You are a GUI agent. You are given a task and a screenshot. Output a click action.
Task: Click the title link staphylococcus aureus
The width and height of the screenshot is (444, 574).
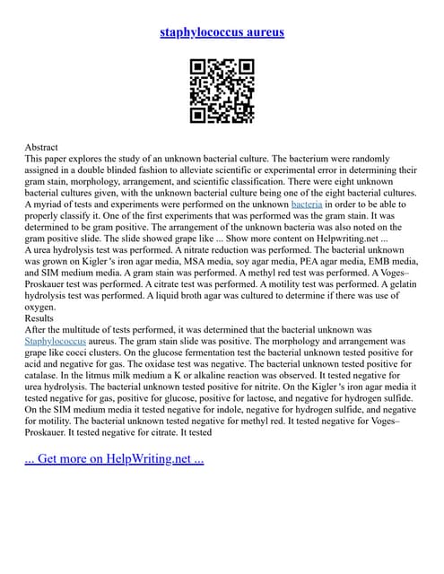click(222, 32)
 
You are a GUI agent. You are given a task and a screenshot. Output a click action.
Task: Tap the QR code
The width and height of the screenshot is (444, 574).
click(222, 91)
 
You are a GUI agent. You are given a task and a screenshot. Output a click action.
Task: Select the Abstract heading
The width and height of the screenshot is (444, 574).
click(42, 146)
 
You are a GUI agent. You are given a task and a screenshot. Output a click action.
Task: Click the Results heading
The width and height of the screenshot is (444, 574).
click(40, 317)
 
